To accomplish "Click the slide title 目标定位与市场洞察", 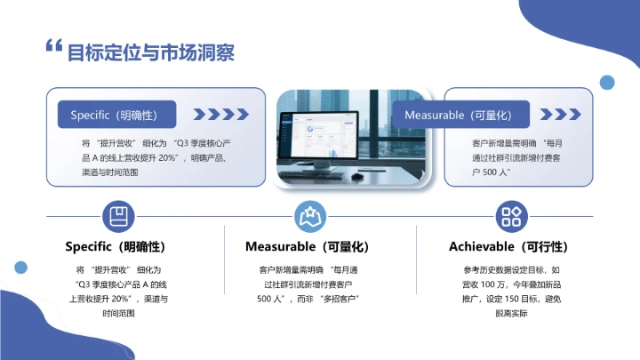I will (151, 52).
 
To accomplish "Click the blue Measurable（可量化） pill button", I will (461, 115).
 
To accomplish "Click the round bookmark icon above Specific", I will (116, 216).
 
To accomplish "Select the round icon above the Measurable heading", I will (308, 216).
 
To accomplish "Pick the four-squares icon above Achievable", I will (509, 216).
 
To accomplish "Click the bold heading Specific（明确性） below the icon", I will (116, 246).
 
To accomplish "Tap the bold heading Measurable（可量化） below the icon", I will (307, 246).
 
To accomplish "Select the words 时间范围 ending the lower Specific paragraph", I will (116, 314).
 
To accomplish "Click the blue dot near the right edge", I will (607, 83).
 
